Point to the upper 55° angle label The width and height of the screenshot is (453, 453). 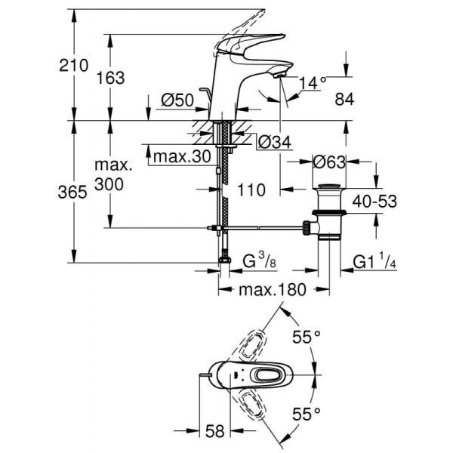coord(308,337)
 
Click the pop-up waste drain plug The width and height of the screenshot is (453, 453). coord(331,186)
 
